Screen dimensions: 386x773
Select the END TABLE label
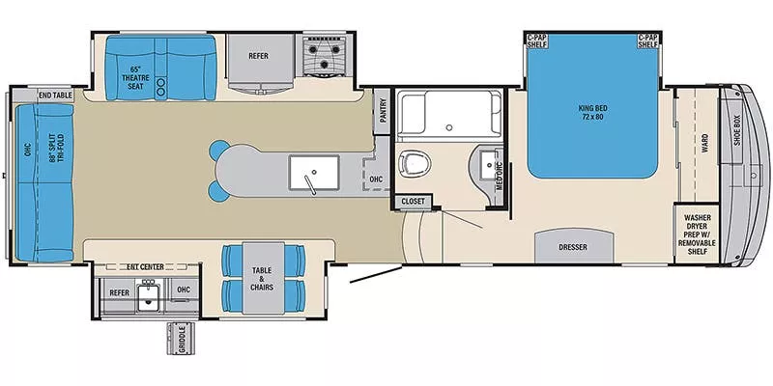tap(55, 95)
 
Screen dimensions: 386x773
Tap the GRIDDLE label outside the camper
tap(182, 340)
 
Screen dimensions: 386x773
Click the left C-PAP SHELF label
tap(537, 41)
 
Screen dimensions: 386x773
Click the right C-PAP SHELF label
tap(648, 41)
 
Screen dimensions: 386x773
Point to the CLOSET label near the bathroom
tap(414, 202)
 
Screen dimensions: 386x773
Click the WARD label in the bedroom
tap(704, 144)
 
